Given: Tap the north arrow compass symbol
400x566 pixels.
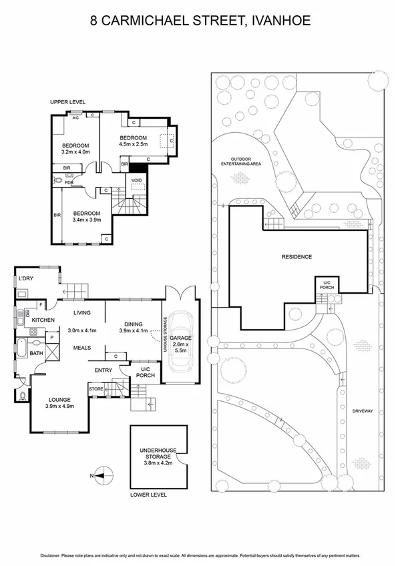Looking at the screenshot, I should point(99,475).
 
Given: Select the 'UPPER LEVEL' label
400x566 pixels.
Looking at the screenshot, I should point(67,102).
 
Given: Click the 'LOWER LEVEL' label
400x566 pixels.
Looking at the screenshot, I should point(148,495).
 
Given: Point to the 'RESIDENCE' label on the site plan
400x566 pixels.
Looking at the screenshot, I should point(296,256).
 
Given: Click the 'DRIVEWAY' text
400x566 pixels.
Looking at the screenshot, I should point(364,411).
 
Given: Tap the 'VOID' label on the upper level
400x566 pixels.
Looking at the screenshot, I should point(136,180).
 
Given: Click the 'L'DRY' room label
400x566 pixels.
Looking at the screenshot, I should point(26,278).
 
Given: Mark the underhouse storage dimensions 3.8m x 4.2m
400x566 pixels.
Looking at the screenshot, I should point(158,465).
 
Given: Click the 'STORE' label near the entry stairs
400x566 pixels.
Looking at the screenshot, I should point(95,388).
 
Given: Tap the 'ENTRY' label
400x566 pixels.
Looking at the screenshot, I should point(104,370).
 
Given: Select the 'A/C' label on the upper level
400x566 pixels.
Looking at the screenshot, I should point(75,118).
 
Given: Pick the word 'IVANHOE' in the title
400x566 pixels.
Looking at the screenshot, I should point(280,21).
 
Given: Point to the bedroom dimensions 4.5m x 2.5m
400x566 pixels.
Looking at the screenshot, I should point(132,144).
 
